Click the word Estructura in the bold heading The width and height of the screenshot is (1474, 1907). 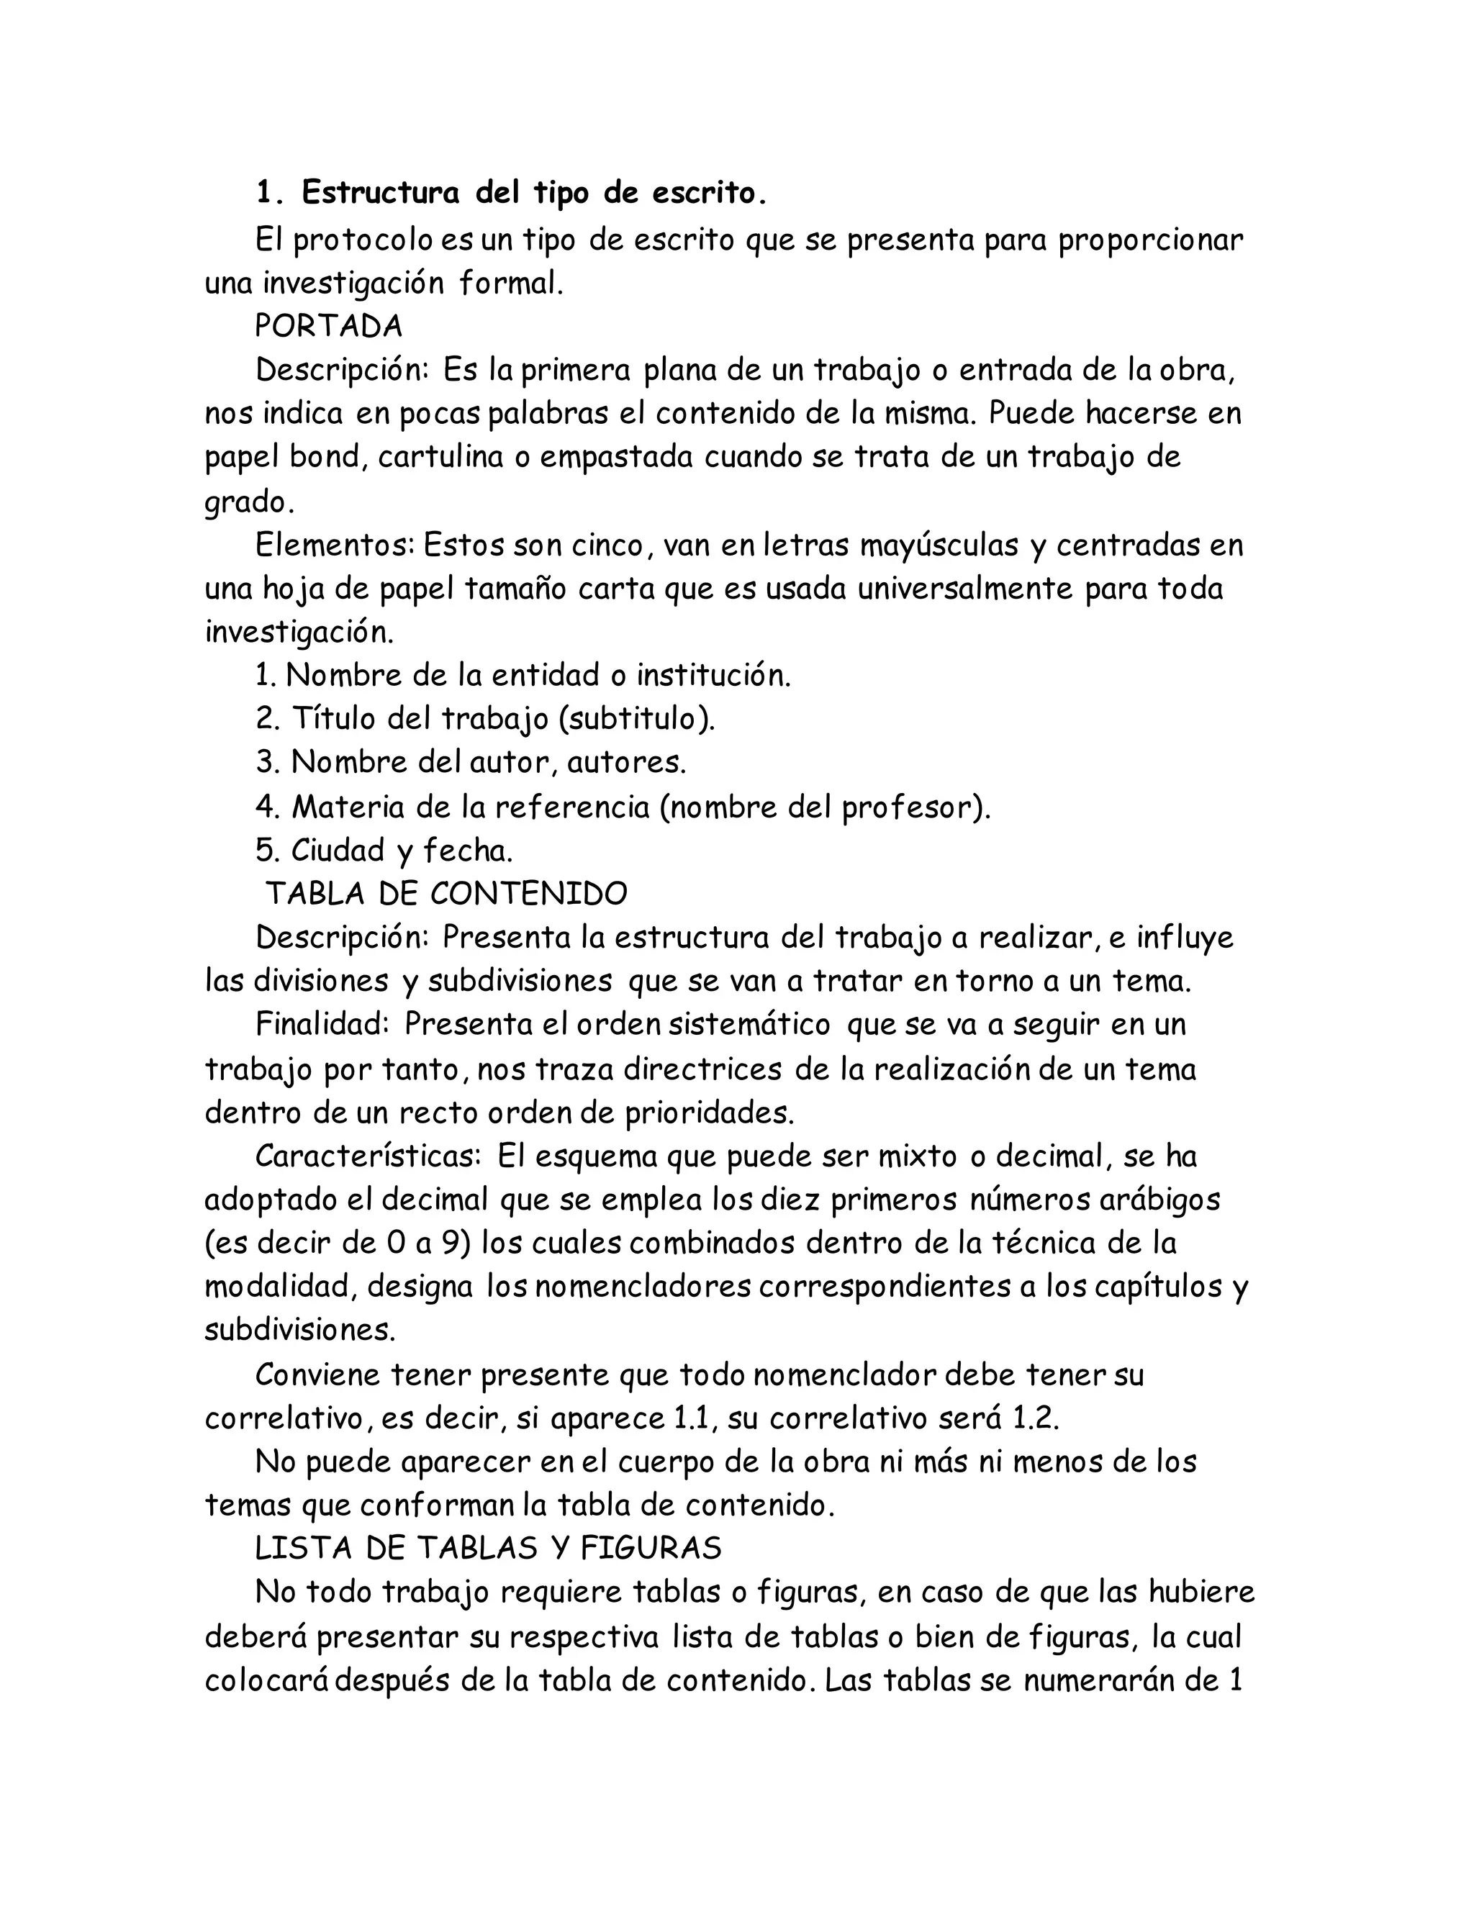pos(380,193)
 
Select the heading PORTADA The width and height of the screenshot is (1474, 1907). pos(328,326)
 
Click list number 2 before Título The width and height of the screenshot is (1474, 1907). pos(266,719)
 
